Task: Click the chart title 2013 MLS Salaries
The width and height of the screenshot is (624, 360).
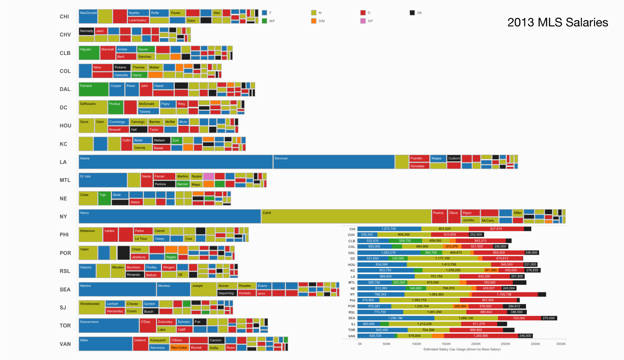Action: click(x=558, y=22)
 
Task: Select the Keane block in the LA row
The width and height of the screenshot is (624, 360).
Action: click(x=176, y=162)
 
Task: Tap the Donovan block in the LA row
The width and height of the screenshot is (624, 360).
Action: click(x=334, y=162)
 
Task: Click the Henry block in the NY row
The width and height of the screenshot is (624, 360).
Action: click(x=170, y=216)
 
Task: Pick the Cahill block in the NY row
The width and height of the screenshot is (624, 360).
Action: click(x=346, y=216)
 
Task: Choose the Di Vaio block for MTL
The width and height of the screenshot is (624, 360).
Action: click(x=103, y=180)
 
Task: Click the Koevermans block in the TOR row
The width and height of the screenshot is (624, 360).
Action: click(x=109, y=326)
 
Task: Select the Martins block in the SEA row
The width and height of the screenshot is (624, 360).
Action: click(x=117, y=289)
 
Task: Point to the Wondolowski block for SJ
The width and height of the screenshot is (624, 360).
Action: click(x=92, y=307)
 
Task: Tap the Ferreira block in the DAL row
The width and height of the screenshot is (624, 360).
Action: click(x=94, y=89)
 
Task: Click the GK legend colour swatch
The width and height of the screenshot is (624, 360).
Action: click(x=412, y=13)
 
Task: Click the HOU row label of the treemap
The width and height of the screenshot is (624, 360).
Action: click(x=65, y=126)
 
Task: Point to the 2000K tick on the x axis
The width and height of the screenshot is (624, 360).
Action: click(x=476, y=344)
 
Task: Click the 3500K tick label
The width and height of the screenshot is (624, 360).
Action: click(x=561, y=344)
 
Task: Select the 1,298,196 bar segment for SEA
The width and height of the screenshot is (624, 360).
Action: click(x=396, y=318)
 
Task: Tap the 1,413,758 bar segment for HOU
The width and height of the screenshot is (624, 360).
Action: click(x=449, y=264)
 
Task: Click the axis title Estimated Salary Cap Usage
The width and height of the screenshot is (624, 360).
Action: click(x=462, y=349)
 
